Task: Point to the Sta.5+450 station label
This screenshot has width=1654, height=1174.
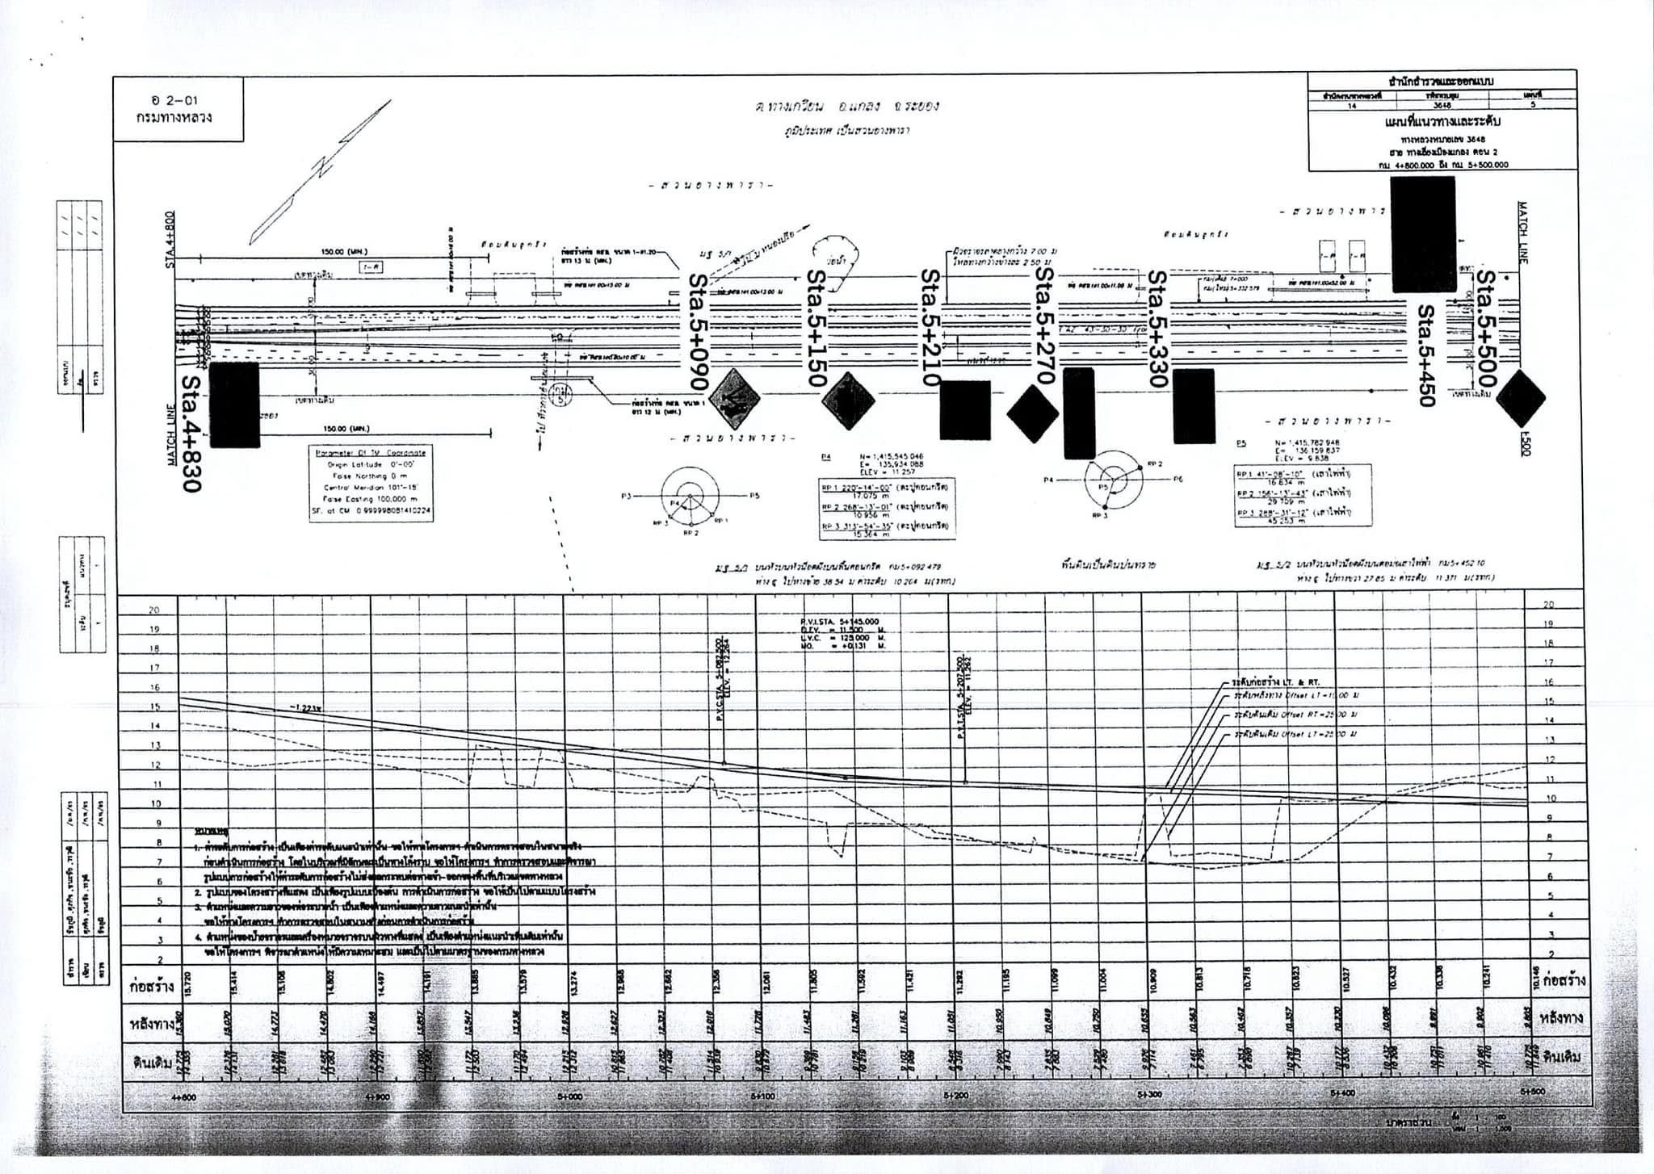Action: (1426, 355)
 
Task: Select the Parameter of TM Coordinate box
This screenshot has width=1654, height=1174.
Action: (372, 483)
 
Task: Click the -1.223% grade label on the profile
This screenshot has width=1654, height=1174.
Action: (306, 708)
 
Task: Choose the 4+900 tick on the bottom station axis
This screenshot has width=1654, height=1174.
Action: (379, 1096)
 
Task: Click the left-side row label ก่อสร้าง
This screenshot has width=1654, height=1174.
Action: (150, 986)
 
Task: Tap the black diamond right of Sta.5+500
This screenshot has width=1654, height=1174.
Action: (1520, 398)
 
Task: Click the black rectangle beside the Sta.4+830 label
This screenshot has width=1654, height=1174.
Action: (234, 404)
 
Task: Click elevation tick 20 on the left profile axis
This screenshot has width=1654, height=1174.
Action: (154, 610)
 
